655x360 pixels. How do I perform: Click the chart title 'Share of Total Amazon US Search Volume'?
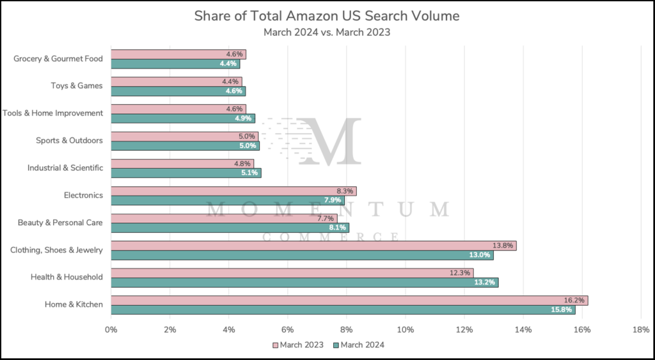327,16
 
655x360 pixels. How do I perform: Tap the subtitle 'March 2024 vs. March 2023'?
327,31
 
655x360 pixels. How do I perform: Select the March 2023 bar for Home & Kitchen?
349,300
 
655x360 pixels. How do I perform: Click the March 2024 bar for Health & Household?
304,283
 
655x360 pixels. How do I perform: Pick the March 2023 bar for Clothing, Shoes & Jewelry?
313,246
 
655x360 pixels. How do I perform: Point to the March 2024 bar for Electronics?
228,201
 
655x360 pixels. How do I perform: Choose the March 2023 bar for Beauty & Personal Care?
224,218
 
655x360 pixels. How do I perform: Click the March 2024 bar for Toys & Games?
178,91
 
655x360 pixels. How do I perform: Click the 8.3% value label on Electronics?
344,191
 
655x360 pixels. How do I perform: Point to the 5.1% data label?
249,173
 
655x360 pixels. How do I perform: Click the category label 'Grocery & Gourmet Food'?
58,59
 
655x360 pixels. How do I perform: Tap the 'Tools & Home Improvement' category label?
52,113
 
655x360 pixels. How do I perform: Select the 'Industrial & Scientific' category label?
65,168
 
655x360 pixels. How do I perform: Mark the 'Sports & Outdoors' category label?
69,140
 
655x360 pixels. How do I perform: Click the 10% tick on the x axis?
405,329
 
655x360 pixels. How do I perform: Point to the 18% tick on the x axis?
640,329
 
